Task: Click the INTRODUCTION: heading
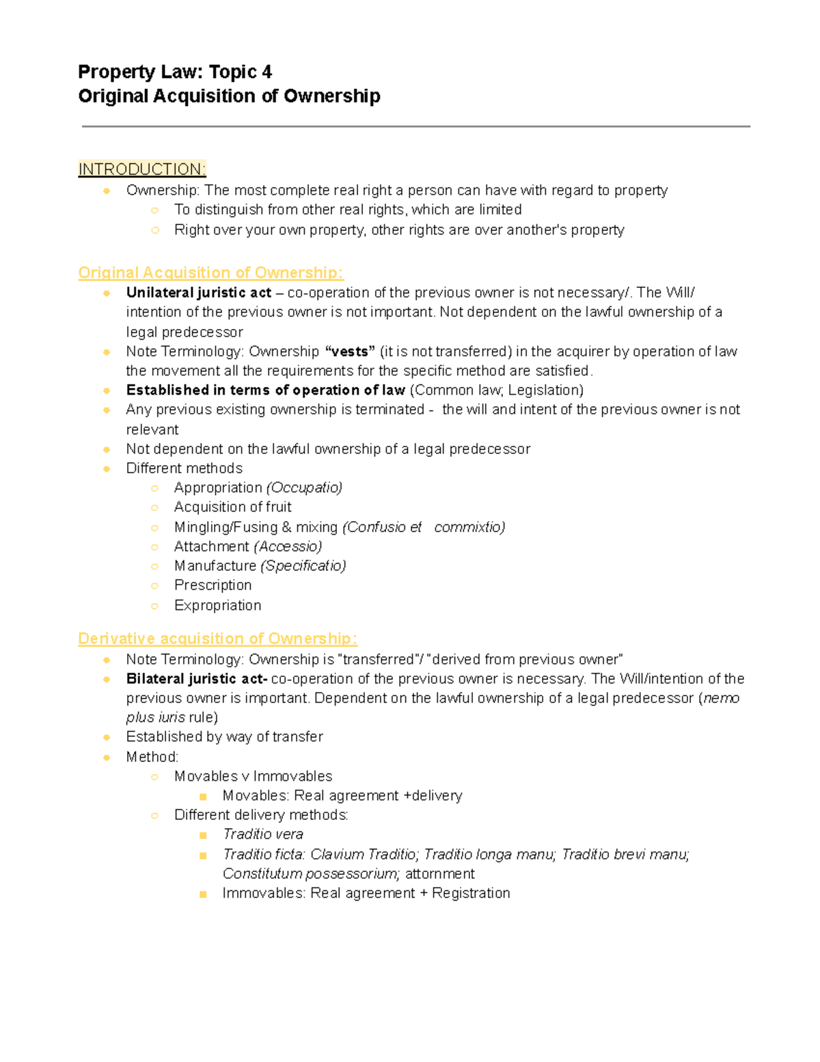point(141,169)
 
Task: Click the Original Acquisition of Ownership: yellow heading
point(210,272)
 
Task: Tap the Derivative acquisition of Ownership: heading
point(217,638)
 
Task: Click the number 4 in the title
point(266,72)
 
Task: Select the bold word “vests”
point(350,351)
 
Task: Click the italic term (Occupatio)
point(304,488)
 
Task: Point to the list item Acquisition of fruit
point(232,507)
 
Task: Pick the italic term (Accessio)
point(287,546)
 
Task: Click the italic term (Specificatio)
point(303,566)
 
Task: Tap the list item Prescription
point(213,585)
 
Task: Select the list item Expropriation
point(217,605)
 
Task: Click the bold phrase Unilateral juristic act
point(198,293)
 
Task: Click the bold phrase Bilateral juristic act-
point(197,679)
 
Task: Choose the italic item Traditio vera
point(262,834)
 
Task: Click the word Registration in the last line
point(471,893)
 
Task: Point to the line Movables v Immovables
point(253,776)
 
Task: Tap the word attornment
point(439,874)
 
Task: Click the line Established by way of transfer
point(224,736)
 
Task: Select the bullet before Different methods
point(107,468)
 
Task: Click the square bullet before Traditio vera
point(203,835)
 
